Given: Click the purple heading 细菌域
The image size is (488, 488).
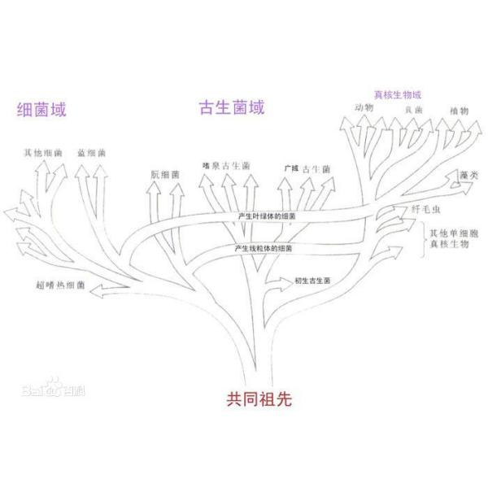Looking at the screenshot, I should pyautogui.click(x=47, y=109).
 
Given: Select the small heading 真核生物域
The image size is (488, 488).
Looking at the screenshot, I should pyautogui.click(x=397, y=94).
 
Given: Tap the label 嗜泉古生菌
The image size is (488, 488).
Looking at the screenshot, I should pyautogui.click(x=225, y=166).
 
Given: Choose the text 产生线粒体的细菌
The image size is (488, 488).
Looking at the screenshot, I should pyautogui.click(x=264, y=246).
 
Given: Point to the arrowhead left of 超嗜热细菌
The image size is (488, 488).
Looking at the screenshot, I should pyautogui.click(x=98, y=290).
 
